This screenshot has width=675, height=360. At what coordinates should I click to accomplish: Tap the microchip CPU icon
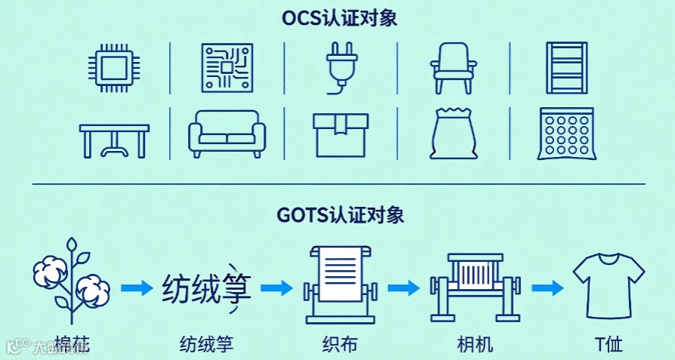click(x=114, y=66)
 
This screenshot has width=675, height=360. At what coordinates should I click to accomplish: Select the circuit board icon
click(x=227, y=66)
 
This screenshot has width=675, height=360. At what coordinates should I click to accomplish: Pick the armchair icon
click(x=454, y=66)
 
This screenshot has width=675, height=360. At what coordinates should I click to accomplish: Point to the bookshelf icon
click(x=566, y=66)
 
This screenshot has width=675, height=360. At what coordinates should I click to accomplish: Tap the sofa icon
click(x=227, y=134)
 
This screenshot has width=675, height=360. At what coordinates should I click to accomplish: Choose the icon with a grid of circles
click(x=566, y=134)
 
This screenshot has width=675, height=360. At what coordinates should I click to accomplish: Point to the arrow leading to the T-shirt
click(x=547, y=288)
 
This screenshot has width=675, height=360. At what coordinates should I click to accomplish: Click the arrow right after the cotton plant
click(x=137, y=288)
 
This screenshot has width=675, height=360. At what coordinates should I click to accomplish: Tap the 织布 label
click(x=339, y=346)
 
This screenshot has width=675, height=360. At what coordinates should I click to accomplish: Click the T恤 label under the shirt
click(x=609, y=346)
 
